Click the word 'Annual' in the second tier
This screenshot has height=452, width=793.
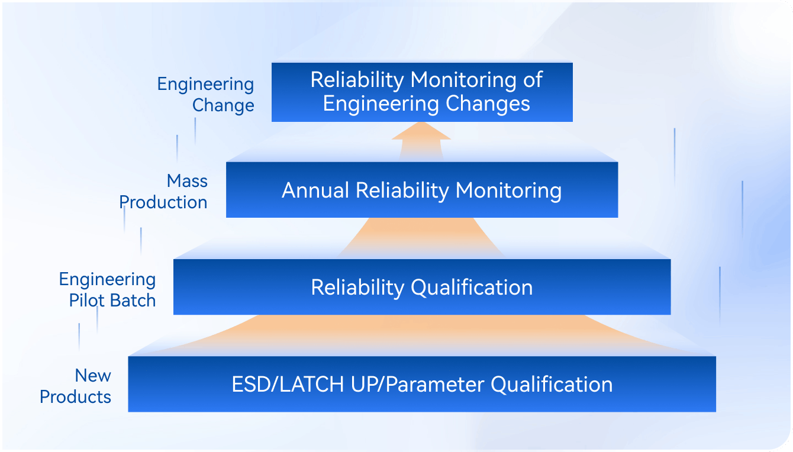tap(315, 191)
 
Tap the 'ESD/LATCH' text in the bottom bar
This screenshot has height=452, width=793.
tap(288, 385)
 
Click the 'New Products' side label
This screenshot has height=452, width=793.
tap(75, 386)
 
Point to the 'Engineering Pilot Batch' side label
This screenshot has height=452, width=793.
tap(107, 290)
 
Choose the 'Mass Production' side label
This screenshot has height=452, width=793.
tap(163, 192)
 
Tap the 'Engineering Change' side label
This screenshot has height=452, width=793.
tap(206, 95)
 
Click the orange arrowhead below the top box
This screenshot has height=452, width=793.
tap(421, 131)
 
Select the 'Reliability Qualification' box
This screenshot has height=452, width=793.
tap(422, 287)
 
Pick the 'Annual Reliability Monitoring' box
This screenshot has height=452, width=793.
tap(422, 190)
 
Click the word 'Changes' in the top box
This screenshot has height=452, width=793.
tap(488, 104)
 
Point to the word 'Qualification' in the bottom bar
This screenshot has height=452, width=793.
tap(552, 385)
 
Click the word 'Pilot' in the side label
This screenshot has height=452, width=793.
tap(87, 301)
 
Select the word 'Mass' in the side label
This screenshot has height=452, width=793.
tap(187, 181)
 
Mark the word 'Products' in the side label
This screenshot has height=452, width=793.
tap(75, 397)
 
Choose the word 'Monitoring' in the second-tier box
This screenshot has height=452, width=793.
tap(508, 191)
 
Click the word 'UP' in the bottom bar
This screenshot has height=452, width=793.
tap(363, 385)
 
